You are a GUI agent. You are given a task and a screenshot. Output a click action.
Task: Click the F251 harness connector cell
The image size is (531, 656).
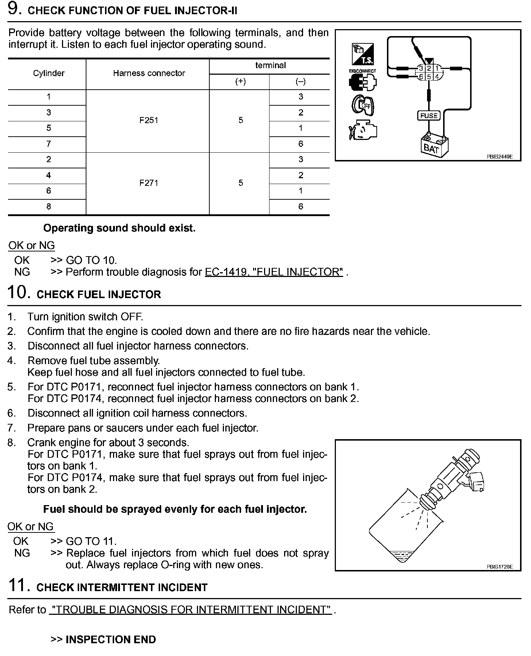tap(148, 120)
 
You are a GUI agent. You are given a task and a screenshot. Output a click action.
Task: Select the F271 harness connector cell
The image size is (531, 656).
tap(148, 183)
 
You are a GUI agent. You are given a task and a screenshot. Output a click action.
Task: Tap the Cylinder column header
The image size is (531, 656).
tap(49, 73)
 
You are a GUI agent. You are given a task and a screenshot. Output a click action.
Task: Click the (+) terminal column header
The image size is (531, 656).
tap(240, 82)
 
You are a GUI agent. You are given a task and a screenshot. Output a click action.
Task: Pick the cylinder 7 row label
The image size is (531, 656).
tap(49, 144)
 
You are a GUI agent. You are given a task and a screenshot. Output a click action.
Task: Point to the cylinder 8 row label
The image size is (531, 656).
tap(49, 207)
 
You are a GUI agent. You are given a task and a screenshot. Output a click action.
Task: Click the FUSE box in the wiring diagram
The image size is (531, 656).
tap(429, 116)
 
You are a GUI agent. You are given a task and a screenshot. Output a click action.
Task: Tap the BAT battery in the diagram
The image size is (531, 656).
tap(433, 147)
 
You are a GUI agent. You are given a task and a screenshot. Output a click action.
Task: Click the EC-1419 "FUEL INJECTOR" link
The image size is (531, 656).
tap(274, 272)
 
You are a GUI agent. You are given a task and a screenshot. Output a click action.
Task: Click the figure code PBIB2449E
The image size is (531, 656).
tap(499, 157)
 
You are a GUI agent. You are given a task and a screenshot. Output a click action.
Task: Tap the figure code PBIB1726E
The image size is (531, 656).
tap(499, 567)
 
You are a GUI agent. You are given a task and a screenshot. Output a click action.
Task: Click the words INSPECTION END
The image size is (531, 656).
tap(111, 640)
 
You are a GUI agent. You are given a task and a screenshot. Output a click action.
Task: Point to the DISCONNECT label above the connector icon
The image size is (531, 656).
tap(362, 71)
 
